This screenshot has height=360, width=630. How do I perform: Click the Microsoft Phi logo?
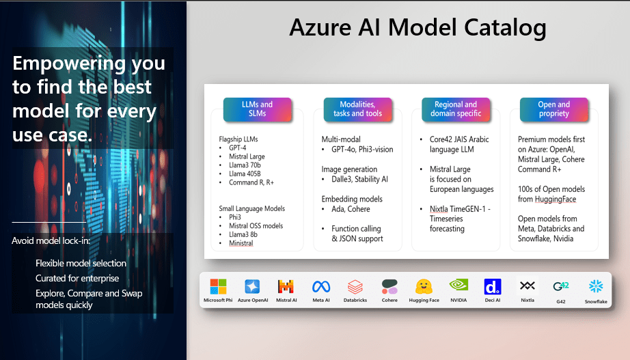pyautogui.click(x=218, y=287)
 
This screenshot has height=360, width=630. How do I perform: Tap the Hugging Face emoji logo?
pyautogui.click(x=424, y=287)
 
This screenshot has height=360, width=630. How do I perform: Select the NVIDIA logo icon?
pyautogui.click(x=458, y=286)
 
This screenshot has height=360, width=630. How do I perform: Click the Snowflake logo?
pyautogui.click(x=596, y=286)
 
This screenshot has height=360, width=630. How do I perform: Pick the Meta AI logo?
pyautogui.click(x=321, y=286)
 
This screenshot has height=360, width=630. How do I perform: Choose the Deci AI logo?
pyautogui.click(x=493, y=287)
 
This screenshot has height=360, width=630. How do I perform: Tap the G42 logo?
pyautogui.click(x=561, y=286)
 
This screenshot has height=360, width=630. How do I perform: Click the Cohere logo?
pyautogui.click(x=389, y=287)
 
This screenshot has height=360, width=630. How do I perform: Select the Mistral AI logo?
pyautogui.click(x=286, y=286)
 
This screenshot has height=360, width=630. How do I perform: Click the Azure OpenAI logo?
pyautogui.click(x=252, y=287)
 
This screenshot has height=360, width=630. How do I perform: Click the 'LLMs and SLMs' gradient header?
pyautogui.click(x=257, y=109)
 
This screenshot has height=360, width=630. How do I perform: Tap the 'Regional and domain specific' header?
pyautogui.click(x=456, y=109)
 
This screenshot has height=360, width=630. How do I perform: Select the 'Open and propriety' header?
pyautogui.click(x=553, y=109)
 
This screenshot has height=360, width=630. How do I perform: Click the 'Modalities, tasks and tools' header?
pyautogui.click(x=357, y=109)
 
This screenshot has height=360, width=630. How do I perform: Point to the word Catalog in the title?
pyautogui.click(x=505, y=28)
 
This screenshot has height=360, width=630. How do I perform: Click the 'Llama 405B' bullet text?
pyautogui.click(x=245, y=174)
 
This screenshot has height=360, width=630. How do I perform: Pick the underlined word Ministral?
pyautogui.click(x=241, y=243)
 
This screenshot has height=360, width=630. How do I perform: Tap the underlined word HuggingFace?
pyautogui.click(x=556, y=199)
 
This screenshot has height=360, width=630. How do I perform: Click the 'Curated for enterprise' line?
pyautogui.click(x=77, y=278)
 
